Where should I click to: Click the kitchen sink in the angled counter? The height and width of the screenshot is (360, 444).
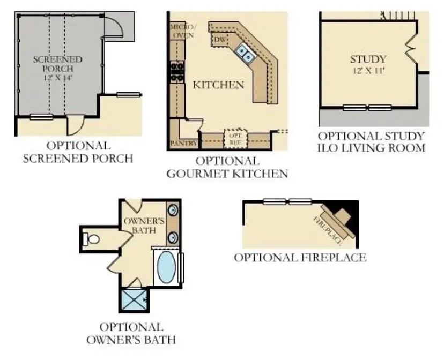[246, 52]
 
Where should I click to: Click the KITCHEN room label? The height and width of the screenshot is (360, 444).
[218, 85]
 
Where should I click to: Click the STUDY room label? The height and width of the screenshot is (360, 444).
[368, 59]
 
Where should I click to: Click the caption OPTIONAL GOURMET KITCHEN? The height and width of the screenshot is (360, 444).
[227, 167]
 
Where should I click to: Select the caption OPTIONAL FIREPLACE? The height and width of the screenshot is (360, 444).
[300, 258]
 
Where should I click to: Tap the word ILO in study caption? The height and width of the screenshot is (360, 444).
[330, 148]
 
